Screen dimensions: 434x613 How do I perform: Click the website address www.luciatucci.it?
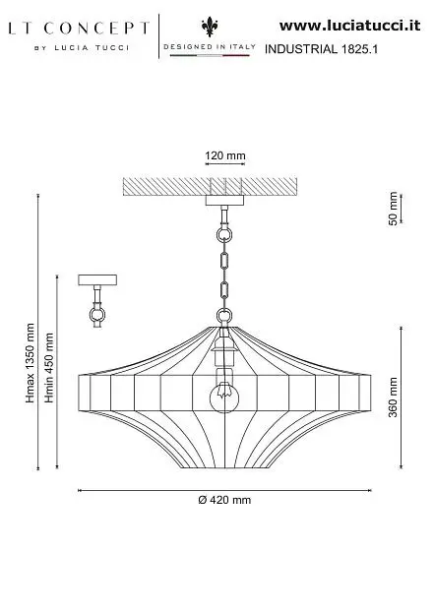[x=350, y=26]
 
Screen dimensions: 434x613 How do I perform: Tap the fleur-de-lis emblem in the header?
[x=210, y=27]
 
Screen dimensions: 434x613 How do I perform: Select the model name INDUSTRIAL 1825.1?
[x=321, y=49]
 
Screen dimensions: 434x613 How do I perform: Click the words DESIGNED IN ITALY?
[x=210, y=46]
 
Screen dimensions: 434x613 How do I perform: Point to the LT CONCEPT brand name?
[x=79, y=29]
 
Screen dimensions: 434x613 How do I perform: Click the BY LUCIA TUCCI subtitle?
[x=82, y=48]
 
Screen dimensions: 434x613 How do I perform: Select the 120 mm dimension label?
[x=225, y=155]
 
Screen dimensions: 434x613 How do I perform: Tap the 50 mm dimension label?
[x=393, y=209]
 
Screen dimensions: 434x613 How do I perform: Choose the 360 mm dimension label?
[x=393, y=398]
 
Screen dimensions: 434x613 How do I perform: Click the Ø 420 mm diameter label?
[x=224, y=500]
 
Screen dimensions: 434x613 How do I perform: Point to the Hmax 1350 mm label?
[x=31, y=363]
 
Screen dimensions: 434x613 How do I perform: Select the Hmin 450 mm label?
[x=49, y=368]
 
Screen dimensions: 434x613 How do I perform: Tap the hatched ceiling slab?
[x=210, y=187]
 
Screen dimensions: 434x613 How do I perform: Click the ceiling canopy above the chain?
[x=224, y=201]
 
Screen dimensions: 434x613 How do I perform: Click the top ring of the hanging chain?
[x=224, y=235]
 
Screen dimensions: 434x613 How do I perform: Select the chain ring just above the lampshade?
[x=224, y=316]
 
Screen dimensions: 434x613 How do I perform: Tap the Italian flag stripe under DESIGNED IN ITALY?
[x=210, y=55]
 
